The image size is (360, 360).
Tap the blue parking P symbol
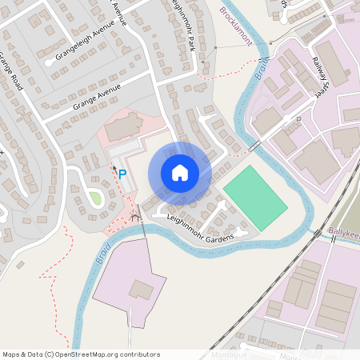(x=122, y=173)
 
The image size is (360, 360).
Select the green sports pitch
(x=255, y=197)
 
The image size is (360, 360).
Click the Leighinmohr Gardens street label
(x=200, y=228)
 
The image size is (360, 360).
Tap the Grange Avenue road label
(x=95, y=99)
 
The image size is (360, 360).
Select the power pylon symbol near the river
(x=135, y=216)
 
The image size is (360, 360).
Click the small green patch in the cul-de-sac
(x=94, y=197)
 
